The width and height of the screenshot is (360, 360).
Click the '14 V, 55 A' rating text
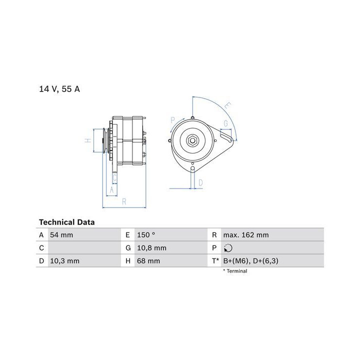(59, 89)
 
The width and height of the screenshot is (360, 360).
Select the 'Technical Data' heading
(67, 222)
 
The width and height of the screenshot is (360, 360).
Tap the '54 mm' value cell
(61, 235)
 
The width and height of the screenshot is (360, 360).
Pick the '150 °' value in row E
(146, 235)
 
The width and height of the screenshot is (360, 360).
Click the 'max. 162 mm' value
(246, 235)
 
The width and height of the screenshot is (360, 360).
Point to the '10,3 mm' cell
(64, 261)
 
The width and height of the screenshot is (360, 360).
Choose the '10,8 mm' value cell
(152, 248)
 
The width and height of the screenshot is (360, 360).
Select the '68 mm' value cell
(148, 261)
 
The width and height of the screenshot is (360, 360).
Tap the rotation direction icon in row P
(228, 248)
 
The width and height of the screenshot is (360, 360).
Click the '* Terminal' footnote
(235, 271)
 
